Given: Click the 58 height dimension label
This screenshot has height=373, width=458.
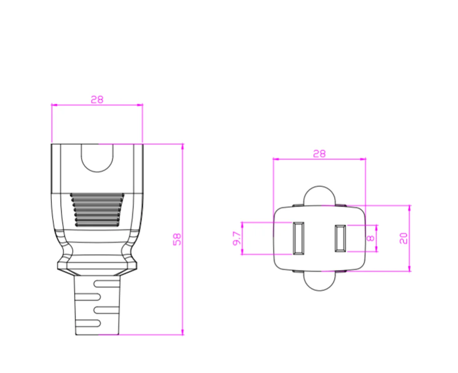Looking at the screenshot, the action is (x=177, y=239).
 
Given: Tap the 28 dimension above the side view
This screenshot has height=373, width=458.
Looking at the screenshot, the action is (x=97, y=100).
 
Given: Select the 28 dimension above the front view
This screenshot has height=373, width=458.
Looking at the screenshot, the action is (x=319, y=154).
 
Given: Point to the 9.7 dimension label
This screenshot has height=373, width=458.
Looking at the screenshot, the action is (x=237, y=238).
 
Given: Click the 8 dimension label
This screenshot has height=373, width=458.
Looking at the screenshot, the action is (x=370, y=238).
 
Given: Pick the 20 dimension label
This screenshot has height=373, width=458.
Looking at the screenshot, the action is (x=403, y=238).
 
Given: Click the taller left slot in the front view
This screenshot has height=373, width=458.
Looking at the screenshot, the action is (x=298, y=238).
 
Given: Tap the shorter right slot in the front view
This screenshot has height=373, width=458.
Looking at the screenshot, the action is (x=340, y=238).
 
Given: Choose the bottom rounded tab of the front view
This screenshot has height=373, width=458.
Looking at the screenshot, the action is (x=319, y=282).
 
